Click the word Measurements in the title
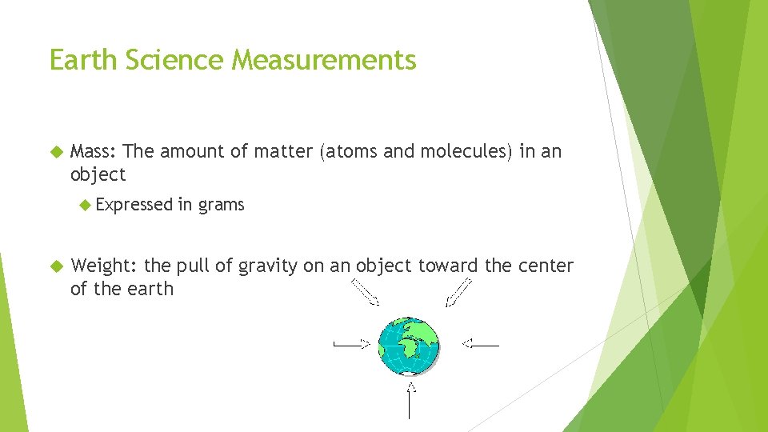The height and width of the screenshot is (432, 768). pos(325,60)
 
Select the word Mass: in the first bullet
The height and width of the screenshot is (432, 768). pos(94,151)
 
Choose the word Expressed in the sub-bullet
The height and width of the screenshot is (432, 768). pos(134,205)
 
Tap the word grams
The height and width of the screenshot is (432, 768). pos(222,206)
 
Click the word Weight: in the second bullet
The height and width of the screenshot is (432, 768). pos(104,266)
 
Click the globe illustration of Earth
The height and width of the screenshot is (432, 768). pos(409,346)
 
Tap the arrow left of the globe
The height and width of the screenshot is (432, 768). pos(351,345)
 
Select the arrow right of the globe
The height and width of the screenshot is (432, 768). pos(480,345)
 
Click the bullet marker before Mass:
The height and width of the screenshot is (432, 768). pos(55,151)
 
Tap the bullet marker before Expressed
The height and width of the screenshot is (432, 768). pos(86,205)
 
